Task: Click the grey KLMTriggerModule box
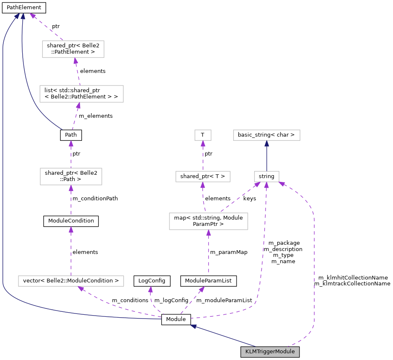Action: pyautogui.click(x=270, y=352)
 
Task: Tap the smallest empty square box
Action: pyautogui.click(x=203, y=135)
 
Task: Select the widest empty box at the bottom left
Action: pyautogui.click(x=71, y=281)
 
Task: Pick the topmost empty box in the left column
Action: pyautogui.click(x=73, y=49)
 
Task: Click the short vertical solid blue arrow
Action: pyautogui.click(x=267, y=156)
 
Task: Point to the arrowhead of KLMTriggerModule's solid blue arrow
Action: pyautogui.click(x=192, y=326)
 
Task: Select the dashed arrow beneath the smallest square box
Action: pyautogui.click(x=203, y=156)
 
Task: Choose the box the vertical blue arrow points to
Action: pyautogui.click(x=267, y=135)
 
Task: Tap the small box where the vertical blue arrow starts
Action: pyautogui.click(x=267, y=176)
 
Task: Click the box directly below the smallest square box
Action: pyautogui.click(x=203, y=176)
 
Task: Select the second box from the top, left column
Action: pyautogui.click(x=81, y=94)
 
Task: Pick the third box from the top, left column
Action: pyautogui.click(x=71, y=176)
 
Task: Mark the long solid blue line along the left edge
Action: pyautogui.click(x=3, y=168)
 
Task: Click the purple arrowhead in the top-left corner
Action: pyautogui.click(x=31, y=15)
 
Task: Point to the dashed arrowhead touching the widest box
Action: pyautogui.click(x=80, y=288)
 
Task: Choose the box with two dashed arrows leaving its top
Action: pyautogui.click(x=208, y=221)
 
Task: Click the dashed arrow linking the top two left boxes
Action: pyautogui.click(x=78, y=71)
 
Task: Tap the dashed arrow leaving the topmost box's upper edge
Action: pyautogui.click(x=46, y=27)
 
